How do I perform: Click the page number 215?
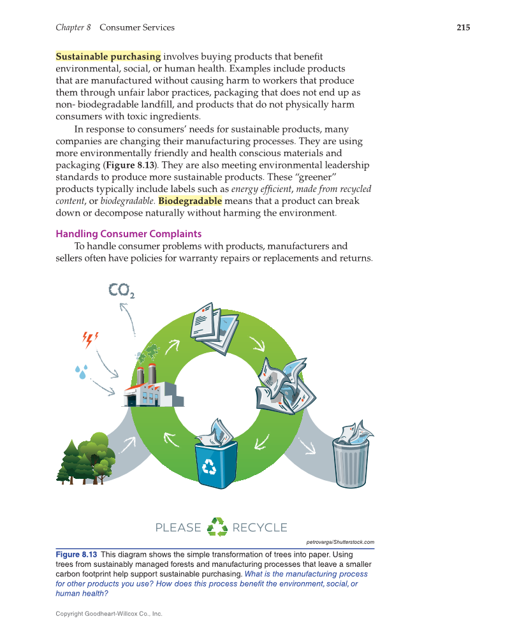[x=463, y=27]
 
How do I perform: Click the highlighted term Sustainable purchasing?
[x=108, y=57]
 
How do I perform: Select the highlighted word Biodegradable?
[x=190, y=201]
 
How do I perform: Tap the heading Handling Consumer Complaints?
[x=129, y=233]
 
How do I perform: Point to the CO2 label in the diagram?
[x=121, y=291]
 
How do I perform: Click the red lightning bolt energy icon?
[x=91, y=339]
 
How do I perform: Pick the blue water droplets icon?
[x=80, y=371]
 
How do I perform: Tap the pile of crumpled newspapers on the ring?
[x=281, y=388]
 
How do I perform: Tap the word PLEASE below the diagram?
[x=178, y=527]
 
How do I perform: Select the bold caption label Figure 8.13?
[x=76, y=555]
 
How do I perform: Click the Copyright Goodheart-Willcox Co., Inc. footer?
[x=109, y=613]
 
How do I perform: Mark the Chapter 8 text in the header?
[x=73, y=27]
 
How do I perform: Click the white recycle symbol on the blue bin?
[x=210, y=468]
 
